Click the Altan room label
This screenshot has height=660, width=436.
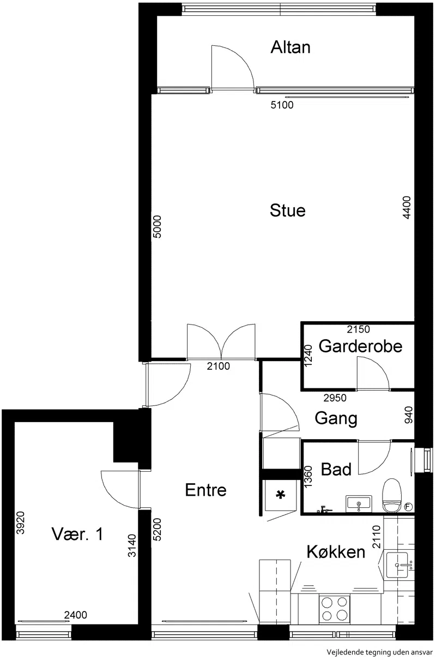coord(290,47)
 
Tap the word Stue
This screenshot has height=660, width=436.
coord(288,211)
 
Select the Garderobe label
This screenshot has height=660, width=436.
coord(360,346)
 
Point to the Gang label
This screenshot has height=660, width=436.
coord(336,419)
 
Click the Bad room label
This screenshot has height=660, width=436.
coord(336,469)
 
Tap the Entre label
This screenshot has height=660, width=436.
coord(206,490)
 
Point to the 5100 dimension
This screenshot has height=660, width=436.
coord(282,105)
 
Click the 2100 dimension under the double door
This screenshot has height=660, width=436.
coord(218,366)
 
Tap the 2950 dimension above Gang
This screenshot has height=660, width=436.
coord(335,398)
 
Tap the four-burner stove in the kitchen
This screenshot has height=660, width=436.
coord(335,608)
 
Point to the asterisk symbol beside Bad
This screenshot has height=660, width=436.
coord(281,495)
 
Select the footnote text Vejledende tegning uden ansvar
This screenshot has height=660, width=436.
coord(380,652)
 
